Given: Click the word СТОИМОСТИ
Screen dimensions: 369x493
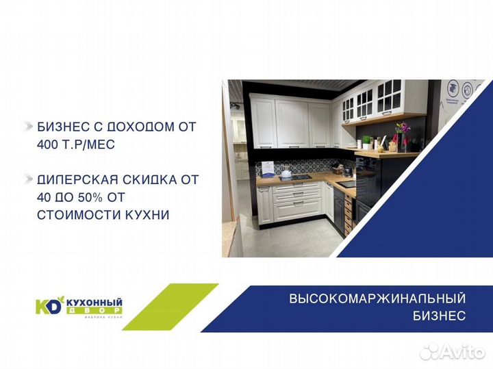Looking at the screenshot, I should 69,215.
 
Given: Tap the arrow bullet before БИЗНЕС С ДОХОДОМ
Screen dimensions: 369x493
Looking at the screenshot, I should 28,127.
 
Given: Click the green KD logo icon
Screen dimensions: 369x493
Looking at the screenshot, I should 49,304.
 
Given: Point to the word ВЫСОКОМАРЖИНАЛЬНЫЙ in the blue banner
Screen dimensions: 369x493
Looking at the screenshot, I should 377,298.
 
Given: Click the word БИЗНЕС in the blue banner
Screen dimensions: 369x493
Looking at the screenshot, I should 440,316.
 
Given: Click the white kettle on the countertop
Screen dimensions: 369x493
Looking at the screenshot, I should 286,174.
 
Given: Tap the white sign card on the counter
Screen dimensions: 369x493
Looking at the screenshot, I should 268,168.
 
